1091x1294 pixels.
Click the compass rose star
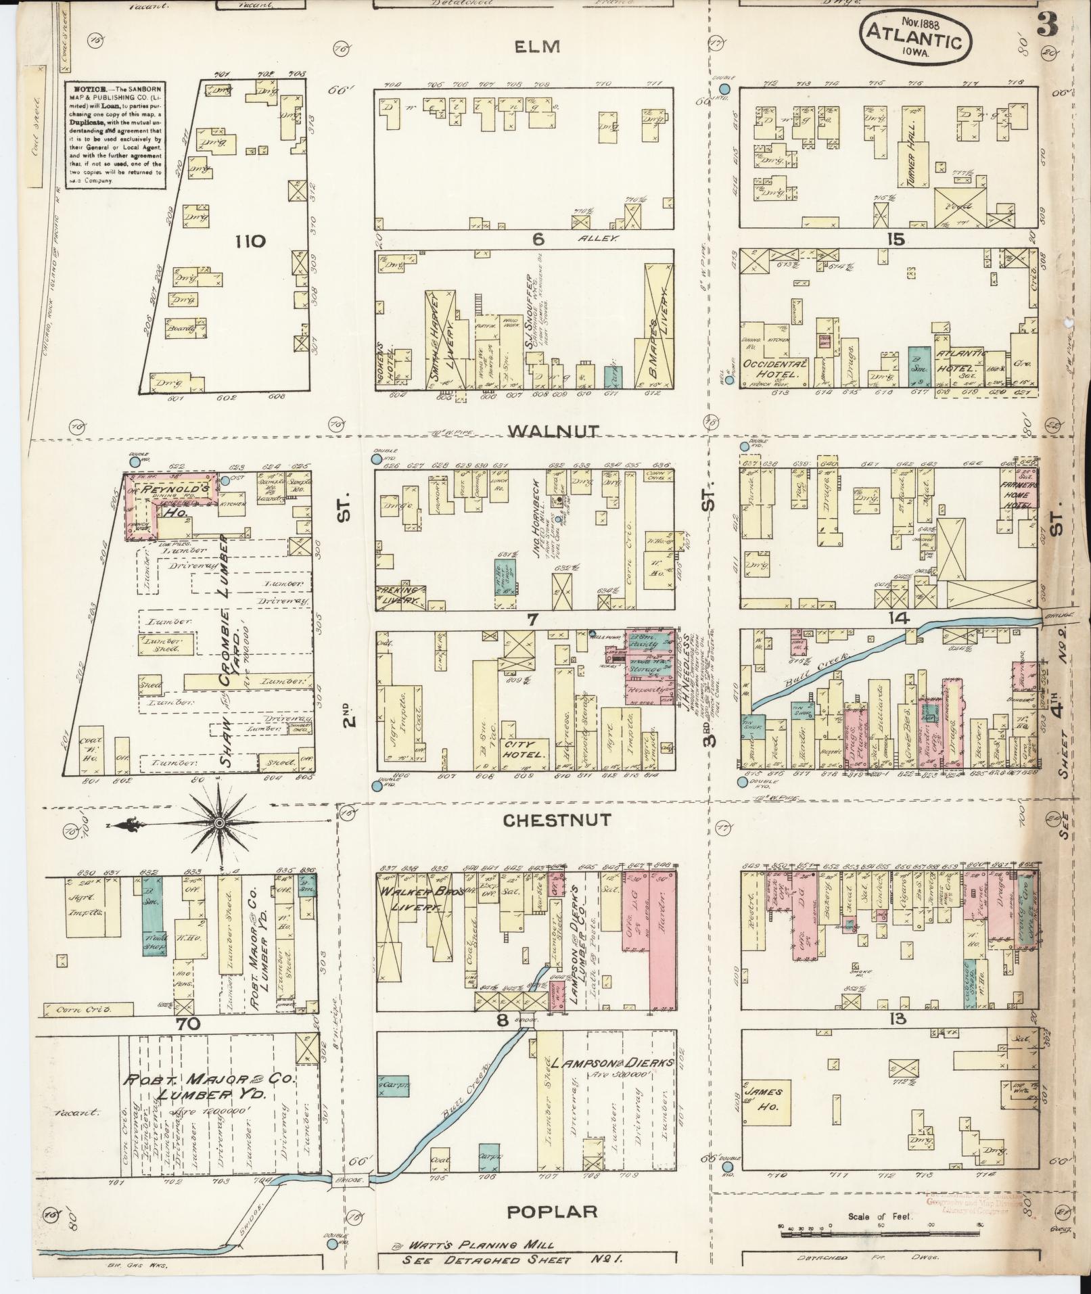click(x=219, y=823)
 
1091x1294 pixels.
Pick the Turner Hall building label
click(x=906, y=156)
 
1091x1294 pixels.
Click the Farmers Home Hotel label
click(x=1016, y=494)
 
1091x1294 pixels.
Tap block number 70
click(x=189, y=1023)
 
